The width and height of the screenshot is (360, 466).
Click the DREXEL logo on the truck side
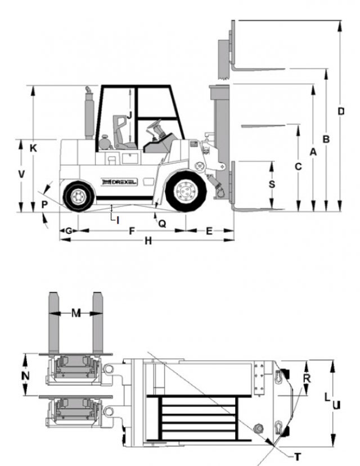119,182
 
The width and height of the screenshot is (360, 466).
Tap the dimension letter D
341,111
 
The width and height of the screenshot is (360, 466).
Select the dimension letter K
33,148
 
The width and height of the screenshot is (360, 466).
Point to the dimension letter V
21,174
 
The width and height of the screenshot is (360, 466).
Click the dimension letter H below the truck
148,241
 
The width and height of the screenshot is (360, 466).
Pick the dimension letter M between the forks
76,313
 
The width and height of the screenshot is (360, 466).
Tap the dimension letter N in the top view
25,376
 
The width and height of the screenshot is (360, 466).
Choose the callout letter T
297,456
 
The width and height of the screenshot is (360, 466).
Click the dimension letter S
272,184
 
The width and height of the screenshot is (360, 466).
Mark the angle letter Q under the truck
162,224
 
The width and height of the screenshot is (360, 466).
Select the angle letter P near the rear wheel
44,205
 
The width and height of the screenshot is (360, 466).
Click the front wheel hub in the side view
186,191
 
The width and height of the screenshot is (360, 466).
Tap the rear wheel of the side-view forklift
79,196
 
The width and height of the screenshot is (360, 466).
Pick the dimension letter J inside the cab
129,115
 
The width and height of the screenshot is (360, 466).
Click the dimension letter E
209,231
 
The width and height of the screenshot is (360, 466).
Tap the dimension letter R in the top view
307,378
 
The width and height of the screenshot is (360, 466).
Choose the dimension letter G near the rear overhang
69,230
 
